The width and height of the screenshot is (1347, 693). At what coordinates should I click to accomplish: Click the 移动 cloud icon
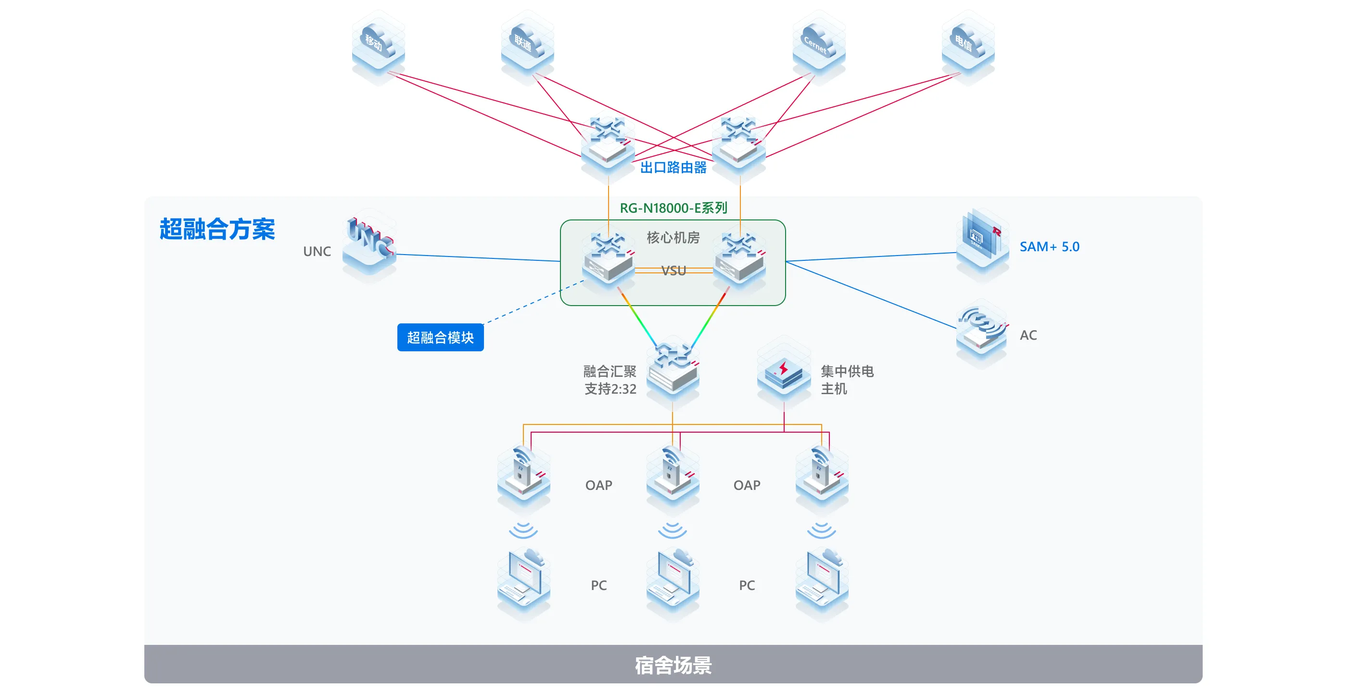pos(378,44)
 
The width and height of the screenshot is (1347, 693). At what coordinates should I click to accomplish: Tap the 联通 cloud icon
pos(527,44)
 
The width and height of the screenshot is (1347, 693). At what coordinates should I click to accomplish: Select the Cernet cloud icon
pos(818,44)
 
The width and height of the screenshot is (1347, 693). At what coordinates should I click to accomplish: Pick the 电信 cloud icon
pos(967,44)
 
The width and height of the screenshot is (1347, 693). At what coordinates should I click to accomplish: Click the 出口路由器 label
pos(673,167)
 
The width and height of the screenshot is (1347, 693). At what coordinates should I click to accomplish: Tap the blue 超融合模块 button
pos(440,337)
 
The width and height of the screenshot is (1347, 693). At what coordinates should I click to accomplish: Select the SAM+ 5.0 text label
pos(1049,246)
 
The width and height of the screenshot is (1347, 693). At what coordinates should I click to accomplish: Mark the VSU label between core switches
pos(673,270)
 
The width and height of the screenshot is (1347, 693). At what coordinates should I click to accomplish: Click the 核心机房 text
pos(673,237)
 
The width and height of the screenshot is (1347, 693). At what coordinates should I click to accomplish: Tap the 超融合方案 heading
pos(217,229)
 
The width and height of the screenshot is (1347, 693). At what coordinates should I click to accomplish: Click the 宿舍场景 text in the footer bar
pos(673,665)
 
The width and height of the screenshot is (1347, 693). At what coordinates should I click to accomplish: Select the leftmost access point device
pos(523,474)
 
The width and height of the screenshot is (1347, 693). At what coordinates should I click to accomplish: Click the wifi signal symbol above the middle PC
pos(673,530)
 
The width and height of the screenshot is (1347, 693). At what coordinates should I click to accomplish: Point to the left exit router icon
pos(608,143)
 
